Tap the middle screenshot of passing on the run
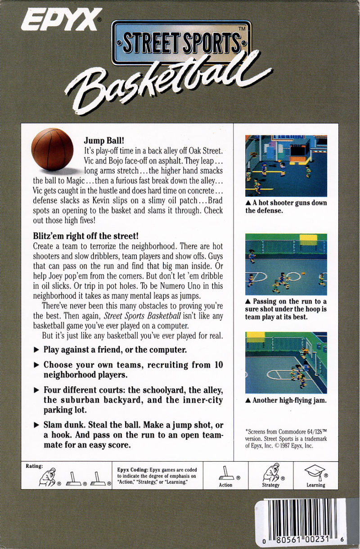click(x=286, y=264)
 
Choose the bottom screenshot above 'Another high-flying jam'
click(x=286, y=363)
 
